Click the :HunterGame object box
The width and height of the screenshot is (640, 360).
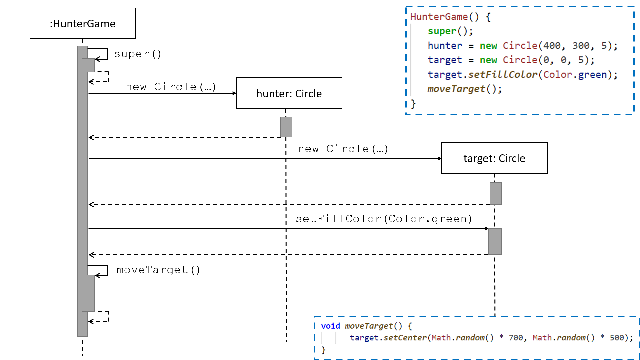pyautogui.click(x=83, y=23)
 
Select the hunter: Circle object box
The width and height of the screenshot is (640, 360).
pyautogui.click(x=289, y=93)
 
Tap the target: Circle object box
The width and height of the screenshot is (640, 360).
pyautogui.click(x=494, y=158)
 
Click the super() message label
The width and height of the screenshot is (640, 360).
pyautogui.click(x=138, y=54)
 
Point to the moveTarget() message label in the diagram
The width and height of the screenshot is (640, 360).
pyautogui.click(x=158, y=270)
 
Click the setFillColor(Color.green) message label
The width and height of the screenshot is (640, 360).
pyautogui.click(x=384, y=219)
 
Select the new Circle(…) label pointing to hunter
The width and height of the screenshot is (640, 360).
pyautogui.click(x=171, y=87)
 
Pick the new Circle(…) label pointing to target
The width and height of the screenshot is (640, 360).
pyautogui.click(x=343, y=149)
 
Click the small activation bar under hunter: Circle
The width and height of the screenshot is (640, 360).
pyautogui.click(x=286, y=127)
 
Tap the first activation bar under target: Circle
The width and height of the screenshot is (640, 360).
pyautogui.click(x=496, y=193)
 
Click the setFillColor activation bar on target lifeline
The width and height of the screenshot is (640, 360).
pyautogui.click(x=495, y=241)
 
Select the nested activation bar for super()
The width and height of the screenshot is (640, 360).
pyautogui.click(x=88, y=65)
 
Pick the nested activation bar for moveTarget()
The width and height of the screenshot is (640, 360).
pyautogui.click(x=88, y=293)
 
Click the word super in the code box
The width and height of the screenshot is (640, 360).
pyautogui.click(x=442, y=31)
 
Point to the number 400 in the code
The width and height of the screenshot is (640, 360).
pyautogui.click(x=552, y=45)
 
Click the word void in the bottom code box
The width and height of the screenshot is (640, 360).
pyautogui.click(x=330, y=326)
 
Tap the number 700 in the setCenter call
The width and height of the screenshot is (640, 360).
pyautogui.click(x=516, y=338)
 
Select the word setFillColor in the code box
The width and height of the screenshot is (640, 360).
pyautogui.click(x=503, y=74)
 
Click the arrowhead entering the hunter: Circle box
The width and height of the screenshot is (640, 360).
pyautogui.click(x=234, y=93)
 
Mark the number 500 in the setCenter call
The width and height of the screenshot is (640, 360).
pyautogui.click(x=617, y=338)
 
